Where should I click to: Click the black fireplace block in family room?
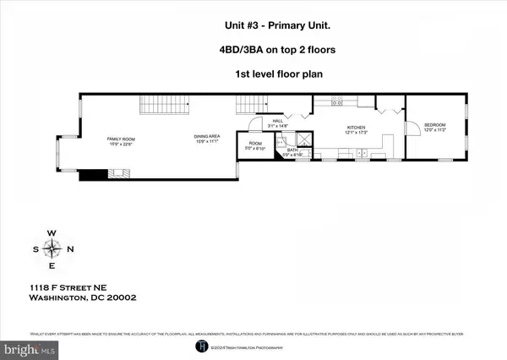[92, 175]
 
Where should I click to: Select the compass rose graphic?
[52, 248]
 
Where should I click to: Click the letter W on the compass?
[52, 232]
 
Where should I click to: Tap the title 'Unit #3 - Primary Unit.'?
[253, 25]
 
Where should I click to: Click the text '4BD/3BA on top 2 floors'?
[253, 50]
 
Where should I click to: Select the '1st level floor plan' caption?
[253, 74]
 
